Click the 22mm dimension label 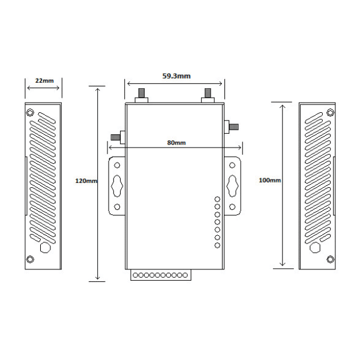[x=43, y=80]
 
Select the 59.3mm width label [x=176, y=76]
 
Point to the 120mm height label [x=86, y=181]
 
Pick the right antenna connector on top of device [x=208, y=95]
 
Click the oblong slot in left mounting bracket [x=117, y=185]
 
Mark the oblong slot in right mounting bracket [x=233, y=185]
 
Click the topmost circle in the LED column [x=217, y=199]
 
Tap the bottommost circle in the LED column [x=217, y=245]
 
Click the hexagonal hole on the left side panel [x=44, y=247]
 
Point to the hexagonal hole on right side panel [x=314, y=248]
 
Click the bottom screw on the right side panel [x=330, y=259]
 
